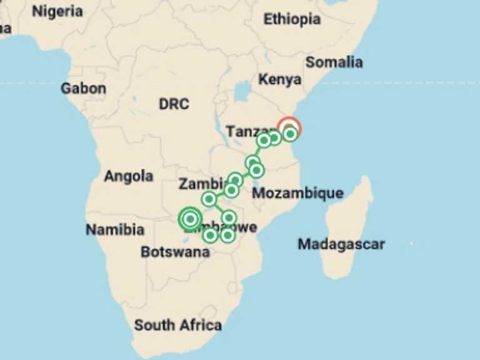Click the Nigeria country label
(x=57, y=11)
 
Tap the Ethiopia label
(x=292, y=19)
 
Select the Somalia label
(x=334, y=62)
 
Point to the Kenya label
(x=280, y=79)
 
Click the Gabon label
(x=83, y=89)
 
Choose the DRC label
(x=174, y=104)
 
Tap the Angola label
(x=128, y=176)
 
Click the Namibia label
(x=115, y=230)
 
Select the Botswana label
(x=175, y=252)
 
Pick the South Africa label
(x=178, y=325)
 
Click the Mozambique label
(x=297, y=193)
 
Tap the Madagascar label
(x=341, y=244)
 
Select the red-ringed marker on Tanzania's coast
(x=289, y=128)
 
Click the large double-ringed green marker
(x=190, y=219)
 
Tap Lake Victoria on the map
(x=242, y=92)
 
